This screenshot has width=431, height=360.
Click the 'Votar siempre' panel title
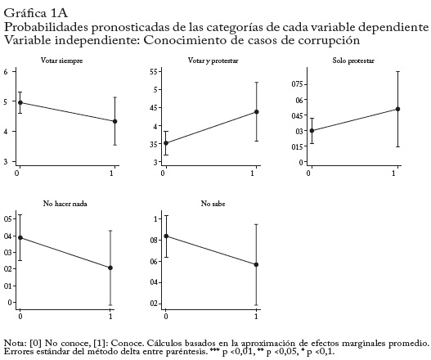[x=62, y=61]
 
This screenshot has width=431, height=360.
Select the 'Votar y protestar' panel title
[x=213, y=61]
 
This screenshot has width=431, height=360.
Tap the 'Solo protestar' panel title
[x=353, y=61]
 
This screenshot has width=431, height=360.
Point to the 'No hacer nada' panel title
[x=65, y=204]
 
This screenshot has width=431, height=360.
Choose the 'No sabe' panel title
[x=213, y=204]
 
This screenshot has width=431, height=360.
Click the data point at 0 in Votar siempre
[x=20, y=102]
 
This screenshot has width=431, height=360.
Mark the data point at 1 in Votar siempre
[x=114, y=121]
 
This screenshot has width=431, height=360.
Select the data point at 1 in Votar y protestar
[x=257, y=111]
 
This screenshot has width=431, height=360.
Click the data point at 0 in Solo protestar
[x=312, y=131]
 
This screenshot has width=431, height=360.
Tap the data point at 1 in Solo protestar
[x=397, y=109]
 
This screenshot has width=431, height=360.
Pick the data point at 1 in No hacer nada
[x=110, y=268]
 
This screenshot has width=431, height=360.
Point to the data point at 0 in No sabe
[x=166, y=236]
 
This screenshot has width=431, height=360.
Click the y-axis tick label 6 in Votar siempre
[x=6, y=71]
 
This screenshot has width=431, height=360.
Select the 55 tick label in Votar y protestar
[x=153, y=71]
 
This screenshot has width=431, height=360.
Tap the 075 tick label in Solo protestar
[x=297, y=84]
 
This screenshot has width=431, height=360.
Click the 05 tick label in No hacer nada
[x=8, y=219]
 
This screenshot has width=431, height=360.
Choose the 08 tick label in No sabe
[x=155, y=241]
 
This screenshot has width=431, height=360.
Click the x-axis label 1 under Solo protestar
[x=393, y=173]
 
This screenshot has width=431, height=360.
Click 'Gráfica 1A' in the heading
[x=36, y=13]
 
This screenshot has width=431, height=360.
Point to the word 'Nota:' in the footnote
[x=16, y=343]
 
